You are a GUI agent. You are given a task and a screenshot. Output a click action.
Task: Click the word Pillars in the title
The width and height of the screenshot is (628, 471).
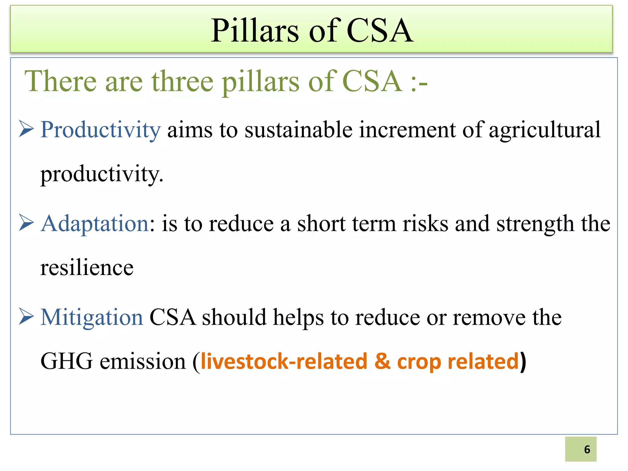[x=255, y=31]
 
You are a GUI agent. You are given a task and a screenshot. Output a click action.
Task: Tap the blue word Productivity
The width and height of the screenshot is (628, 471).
[x=101, y=130]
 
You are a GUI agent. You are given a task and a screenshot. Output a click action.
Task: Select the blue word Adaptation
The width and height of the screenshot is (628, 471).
[x=95, y=224]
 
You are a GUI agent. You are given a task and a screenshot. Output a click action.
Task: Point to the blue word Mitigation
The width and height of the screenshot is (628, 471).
[x=92, y=317]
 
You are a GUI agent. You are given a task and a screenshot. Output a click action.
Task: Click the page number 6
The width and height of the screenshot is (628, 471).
[x=587, y=449]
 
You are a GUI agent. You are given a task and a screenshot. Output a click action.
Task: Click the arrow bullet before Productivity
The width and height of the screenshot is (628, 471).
[x=26, y=129]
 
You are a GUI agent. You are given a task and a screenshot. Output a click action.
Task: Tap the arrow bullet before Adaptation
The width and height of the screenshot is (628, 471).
[x=26, y=223]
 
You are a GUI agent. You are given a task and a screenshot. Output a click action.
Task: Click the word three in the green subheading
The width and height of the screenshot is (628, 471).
[x=182, y=81]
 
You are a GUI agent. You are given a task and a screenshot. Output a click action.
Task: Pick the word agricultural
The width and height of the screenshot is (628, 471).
[x=545, y=130]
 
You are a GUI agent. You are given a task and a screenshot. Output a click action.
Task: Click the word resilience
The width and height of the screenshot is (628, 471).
[x=87, y=268]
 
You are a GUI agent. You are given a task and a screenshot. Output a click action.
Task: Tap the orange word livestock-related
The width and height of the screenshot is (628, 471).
[x=284, y=362]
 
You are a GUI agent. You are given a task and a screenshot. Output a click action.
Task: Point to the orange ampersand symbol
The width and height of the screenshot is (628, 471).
[x=382, y=361]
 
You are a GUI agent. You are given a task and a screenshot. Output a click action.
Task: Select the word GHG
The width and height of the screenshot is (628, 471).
[x=67, y=362]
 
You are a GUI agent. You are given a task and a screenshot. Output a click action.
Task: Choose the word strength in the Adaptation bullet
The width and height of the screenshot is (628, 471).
[x=535, y=224]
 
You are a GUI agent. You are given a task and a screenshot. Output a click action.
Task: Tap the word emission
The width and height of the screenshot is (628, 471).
[x=143, y=362]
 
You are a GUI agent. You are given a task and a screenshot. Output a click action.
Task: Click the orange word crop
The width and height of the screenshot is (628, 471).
[x=419, y=362]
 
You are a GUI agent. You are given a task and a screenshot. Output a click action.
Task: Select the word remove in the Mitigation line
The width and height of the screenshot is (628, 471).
[x=489, y=317]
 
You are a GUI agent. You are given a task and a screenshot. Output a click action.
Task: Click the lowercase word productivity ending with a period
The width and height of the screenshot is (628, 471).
[x=101, y=174]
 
